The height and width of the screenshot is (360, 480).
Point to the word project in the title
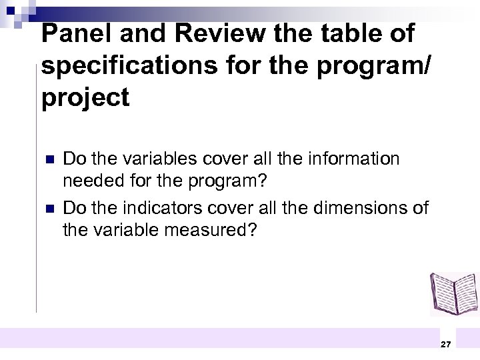click(x=85, y=99)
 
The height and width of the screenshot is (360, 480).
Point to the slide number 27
click(x=446, y=344)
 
